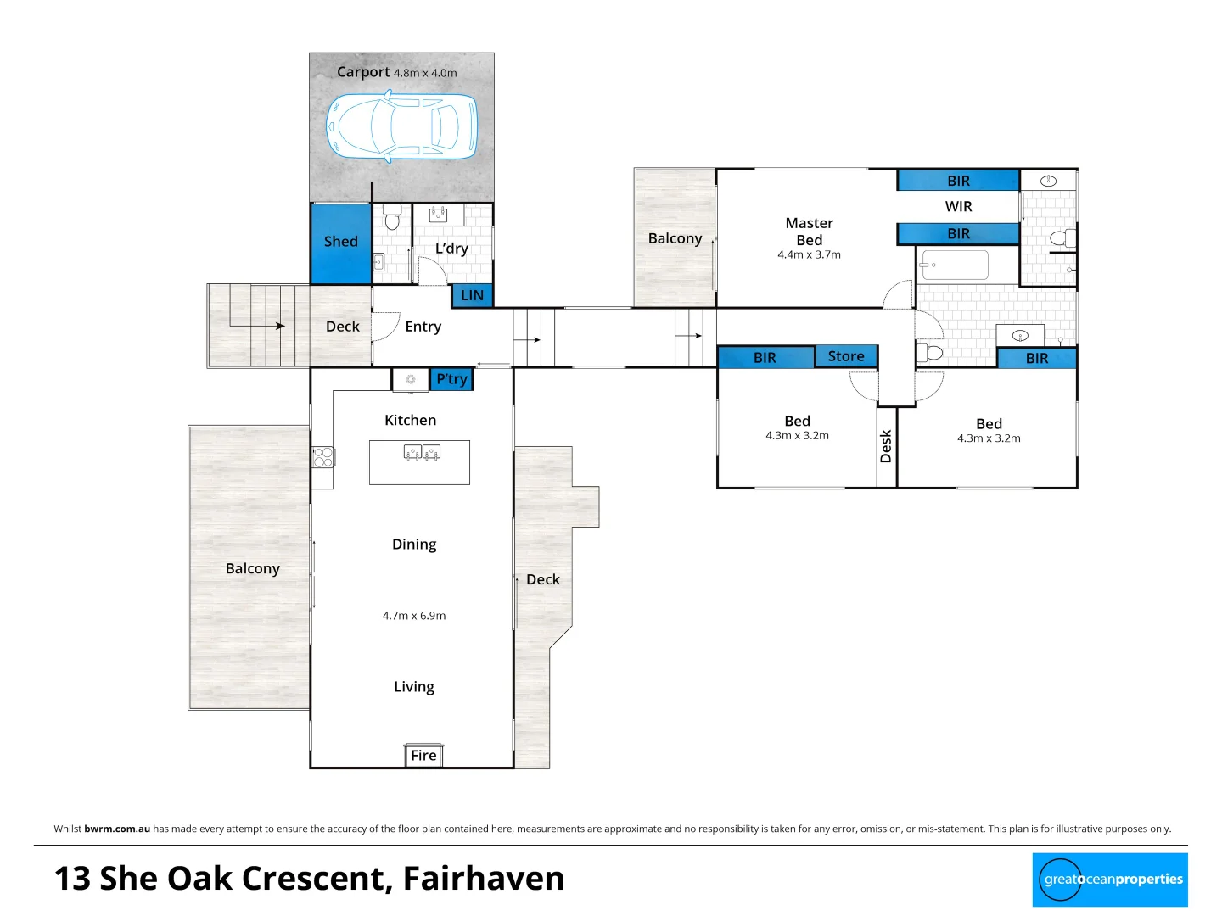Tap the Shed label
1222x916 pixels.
tap(340, 242)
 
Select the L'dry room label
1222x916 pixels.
tap(451, 249)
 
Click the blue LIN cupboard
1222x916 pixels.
tap(472, 295)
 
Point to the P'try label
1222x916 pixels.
tap(451, 379)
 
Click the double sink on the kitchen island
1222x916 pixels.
tap(422, 452)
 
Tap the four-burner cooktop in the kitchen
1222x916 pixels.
tap(323, 457)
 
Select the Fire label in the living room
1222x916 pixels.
tap(423, 756)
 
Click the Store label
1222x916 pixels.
tap(846, 356)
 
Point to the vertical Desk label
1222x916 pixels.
tap(886, 446)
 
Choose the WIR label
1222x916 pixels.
tap(958, 206)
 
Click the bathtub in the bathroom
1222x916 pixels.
tap(955, 265)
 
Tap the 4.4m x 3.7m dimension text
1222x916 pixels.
tap(809, 254)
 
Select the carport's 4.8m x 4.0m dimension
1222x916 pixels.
tap(425, 73)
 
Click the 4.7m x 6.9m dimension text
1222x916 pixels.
tap(414, 616)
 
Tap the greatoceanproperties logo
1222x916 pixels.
tap(1110, 880)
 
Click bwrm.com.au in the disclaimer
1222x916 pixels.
tap(117, 829)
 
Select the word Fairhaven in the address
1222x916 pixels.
tap(484, 879)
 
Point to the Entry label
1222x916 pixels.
tap(423, 327)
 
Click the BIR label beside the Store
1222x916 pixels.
tap(765, 358)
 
